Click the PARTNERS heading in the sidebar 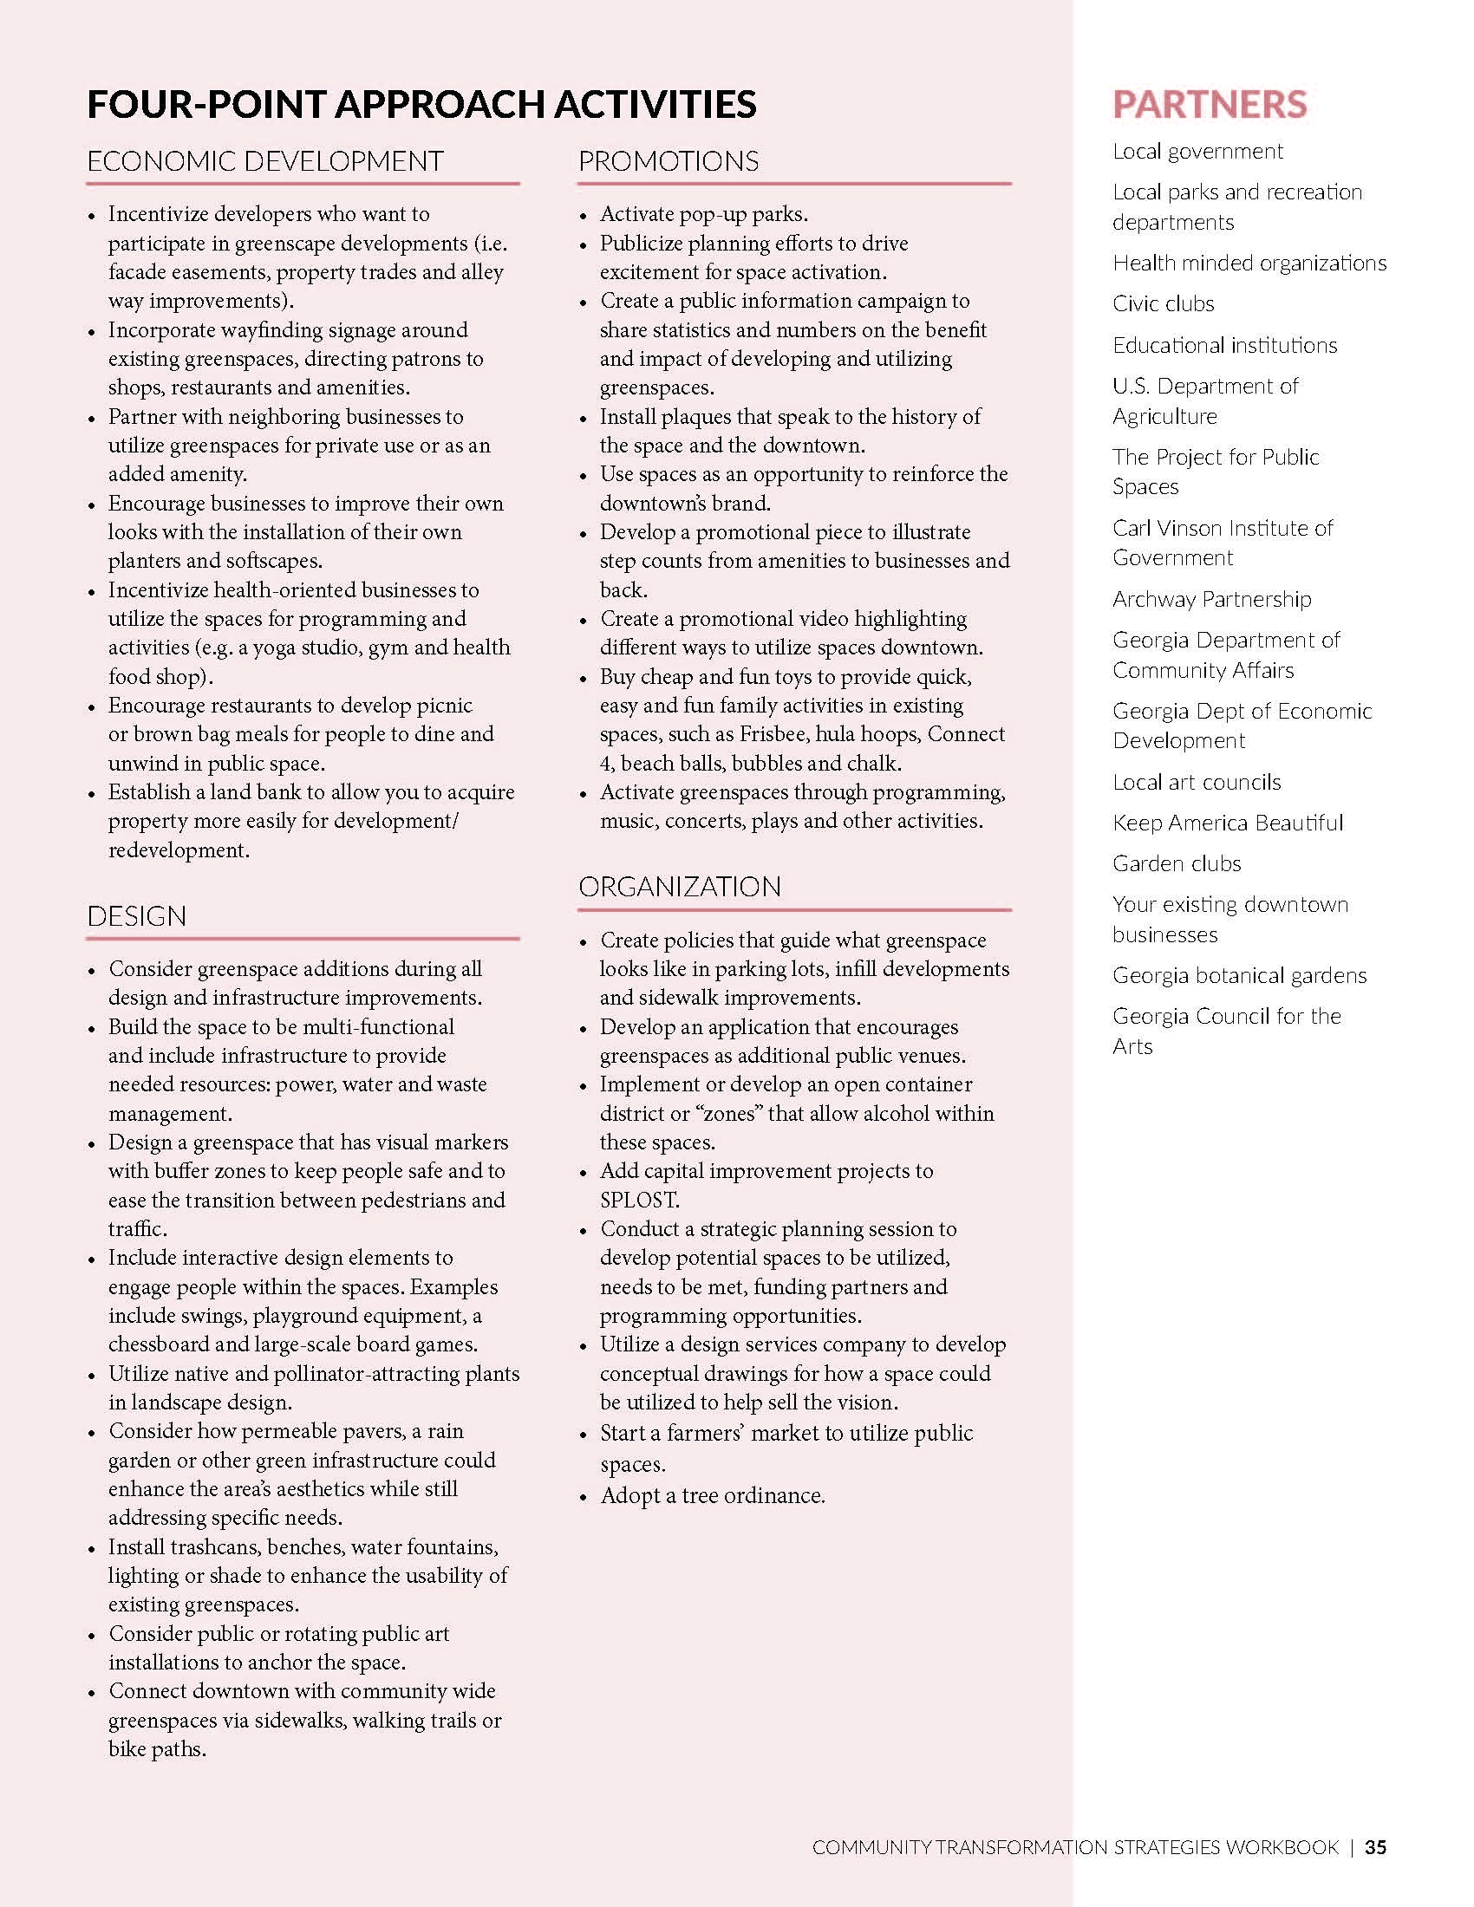pyautogui.click(x=1210, y=104)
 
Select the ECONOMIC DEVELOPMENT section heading pyautogui.click(x=264, y=161)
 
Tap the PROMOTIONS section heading pyautogui.click(x=668, y=161)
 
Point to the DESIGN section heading pyautogui.click(x=136, y=916)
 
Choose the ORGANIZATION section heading pyautogui.click(x=680, y=886)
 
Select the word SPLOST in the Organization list pyautogui.click(x=638, y=1200)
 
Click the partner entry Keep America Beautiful pyautogui.click(x=1227, y=823)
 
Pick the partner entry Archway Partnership pyautogui.click(x=1211, y=599)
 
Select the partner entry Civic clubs pyautogui.click(x=1163, y=304)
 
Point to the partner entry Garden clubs pyautogui.click(x=1177, y=863)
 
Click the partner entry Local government pyautogui.click(x=1197, y=151)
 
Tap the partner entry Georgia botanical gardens pyautogui.click(x=1239, y=975)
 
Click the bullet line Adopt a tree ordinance pyautogui.click(x=712, y=1496)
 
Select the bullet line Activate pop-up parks pyautogui.click(x=703, y=214)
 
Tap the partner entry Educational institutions pyautogui.click(x=1224, y=345)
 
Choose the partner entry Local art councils pyautogui.click(x=1197, y=782)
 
